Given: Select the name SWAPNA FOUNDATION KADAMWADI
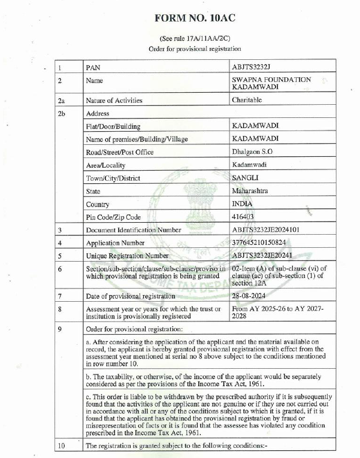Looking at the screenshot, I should [271, 83].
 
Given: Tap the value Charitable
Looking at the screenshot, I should [247, 100].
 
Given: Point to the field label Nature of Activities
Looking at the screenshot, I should [114, 101].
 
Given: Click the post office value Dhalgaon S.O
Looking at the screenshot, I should [252, 151].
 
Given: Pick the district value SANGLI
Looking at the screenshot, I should [245, 177].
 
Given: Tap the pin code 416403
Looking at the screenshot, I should [243, 217].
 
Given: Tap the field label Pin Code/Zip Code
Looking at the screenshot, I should [114, 217].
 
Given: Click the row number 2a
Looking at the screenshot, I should [62, 101].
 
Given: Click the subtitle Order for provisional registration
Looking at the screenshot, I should [195, 48].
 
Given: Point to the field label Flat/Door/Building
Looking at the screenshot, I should [114, 126].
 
